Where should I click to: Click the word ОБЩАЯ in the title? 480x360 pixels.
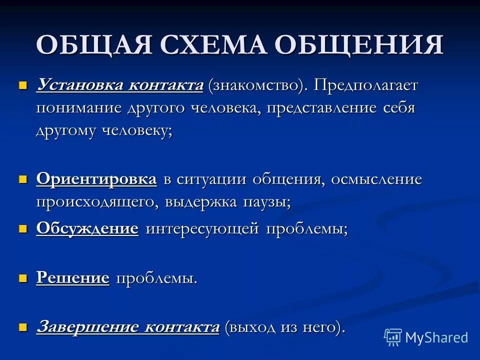point(93,45)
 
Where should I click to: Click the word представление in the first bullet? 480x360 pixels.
point(323,108)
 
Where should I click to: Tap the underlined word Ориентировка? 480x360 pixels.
point(96,179)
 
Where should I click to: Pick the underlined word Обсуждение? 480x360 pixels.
point(87,228)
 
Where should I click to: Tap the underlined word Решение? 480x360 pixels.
point(73,277)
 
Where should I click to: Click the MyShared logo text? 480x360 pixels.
point(436,337)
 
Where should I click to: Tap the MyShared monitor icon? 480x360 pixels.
point(392,337)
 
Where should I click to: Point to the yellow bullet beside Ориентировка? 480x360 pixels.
point(22,179)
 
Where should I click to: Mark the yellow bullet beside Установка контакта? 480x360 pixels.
point(22,85)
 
